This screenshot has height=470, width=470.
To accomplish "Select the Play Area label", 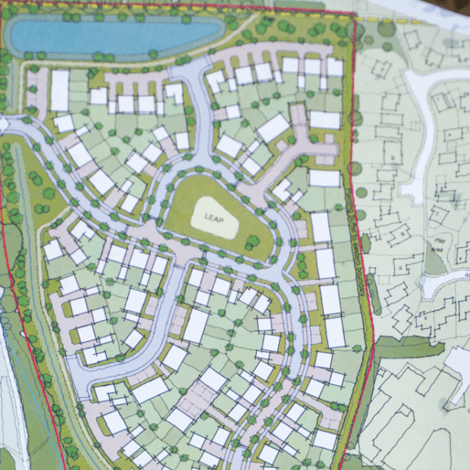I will tap(437, 248).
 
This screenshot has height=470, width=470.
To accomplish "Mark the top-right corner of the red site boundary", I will tap(354, 14).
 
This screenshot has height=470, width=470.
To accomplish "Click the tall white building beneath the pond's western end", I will tap(60, 90).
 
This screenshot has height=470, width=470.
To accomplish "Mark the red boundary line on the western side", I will tap(23, 303).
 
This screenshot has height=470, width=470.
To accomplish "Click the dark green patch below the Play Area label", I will tap(434, 262).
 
